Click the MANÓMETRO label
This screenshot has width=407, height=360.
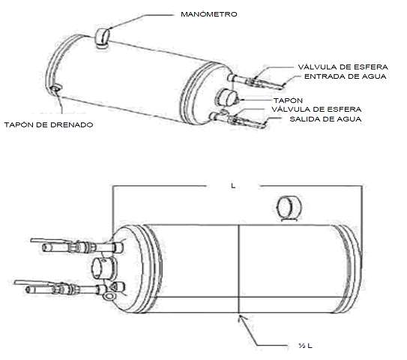pos(209,14)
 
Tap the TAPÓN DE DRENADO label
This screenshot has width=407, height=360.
pos(49,125)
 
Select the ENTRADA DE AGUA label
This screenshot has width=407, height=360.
pos(346,76)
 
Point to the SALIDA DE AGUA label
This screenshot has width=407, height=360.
pos(325,119)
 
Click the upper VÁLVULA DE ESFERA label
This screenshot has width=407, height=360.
pos(343,67)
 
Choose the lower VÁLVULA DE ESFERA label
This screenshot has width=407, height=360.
pos(316,109)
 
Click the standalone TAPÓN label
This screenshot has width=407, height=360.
pos(288,100)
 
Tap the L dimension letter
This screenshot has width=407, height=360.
pos(233,186)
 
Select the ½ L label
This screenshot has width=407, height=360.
pos(306,346)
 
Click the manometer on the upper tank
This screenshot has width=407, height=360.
pos(102,38)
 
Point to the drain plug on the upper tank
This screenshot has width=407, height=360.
pos(55,88)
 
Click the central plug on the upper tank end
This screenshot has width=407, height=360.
pos(226,97)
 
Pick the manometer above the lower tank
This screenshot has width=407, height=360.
pos(289,208)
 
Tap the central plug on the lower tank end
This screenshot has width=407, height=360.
pos(104,268)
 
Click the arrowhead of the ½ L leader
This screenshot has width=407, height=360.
pos(240,317)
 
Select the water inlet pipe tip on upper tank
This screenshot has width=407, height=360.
pos(282,86)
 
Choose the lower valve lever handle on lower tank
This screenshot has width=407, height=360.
pos(34,283)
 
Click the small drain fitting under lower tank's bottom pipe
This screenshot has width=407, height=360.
pos(109,296)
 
